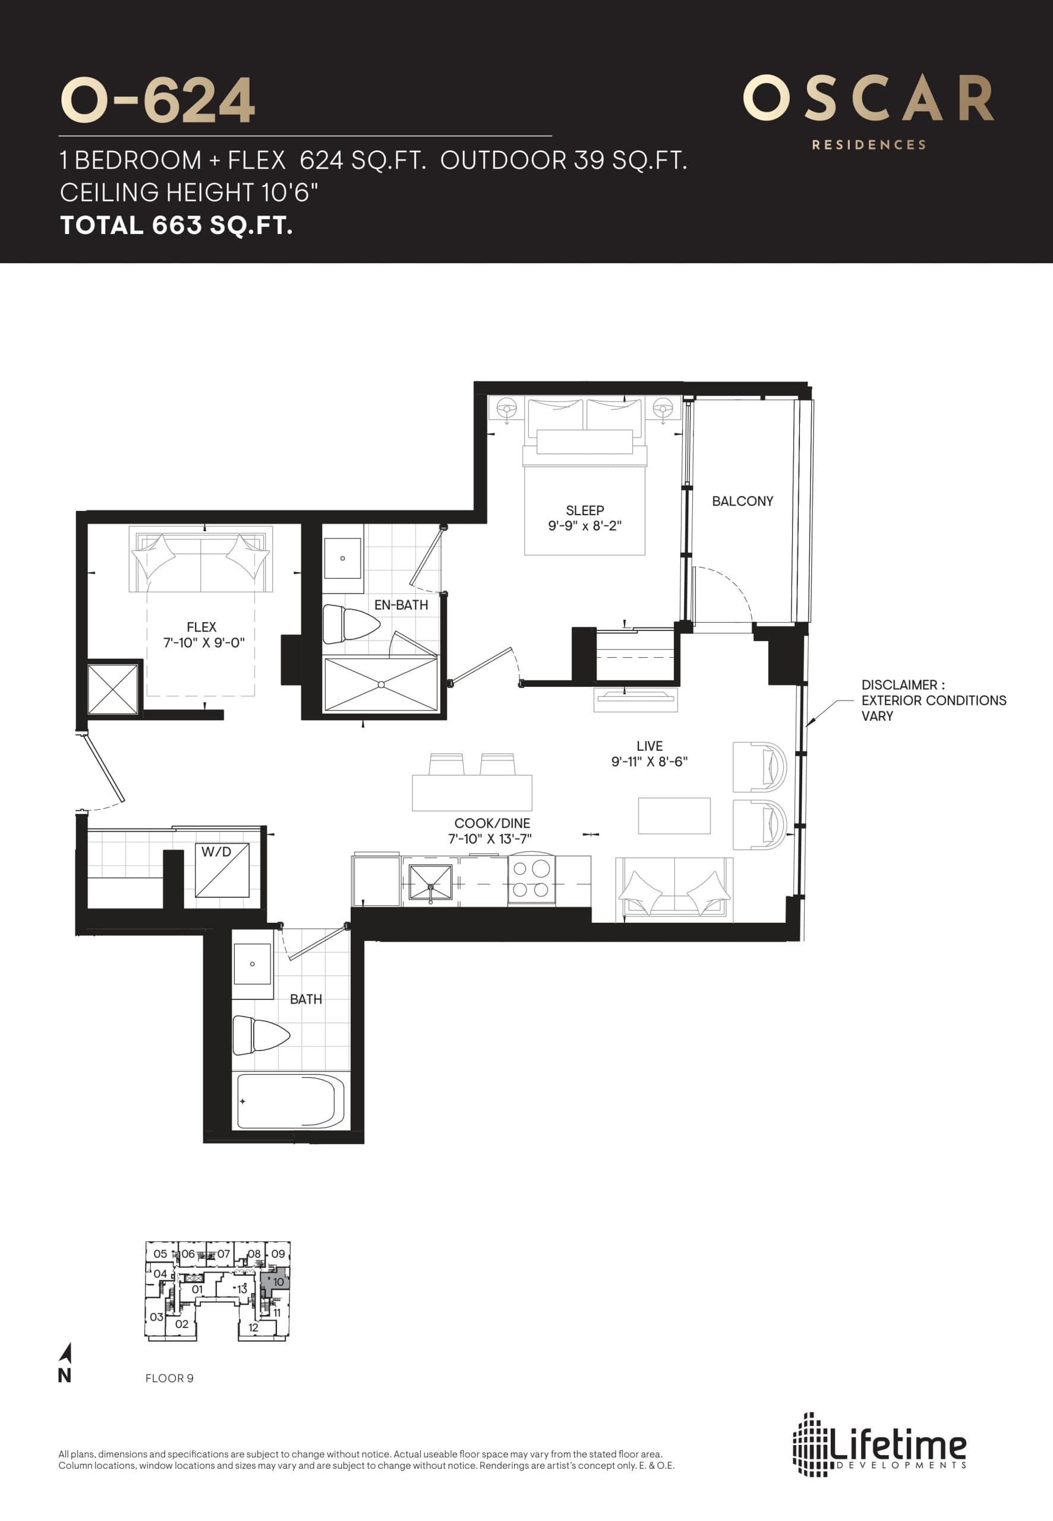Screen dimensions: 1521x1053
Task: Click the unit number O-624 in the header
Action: pos(157,100)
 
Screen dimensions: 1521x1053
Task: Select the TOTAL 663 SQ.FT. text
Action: pos(176,226)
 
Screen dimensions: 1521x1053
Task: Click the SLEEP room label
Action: pos(585,510)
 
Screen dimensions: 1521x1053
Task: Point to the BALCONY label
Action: pos(742,501)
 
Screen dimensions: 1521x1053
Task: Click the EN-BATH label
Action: pos(401,605)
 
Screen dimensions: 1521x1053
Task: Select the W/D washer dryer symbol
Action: pos(222,869)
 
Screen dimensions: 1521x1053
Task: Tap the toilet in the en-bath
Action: pos(348,624)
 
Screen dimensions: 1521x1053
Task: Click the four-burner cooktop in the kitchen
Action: pos(531,879)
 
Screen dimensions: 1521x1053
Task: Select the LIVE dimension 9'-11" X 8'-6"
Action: pos(650,762)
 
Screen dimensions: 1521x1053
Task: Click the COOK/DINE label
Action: pos(491,823)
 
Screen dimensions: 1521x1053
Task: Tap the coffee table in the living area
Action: pos(674,816)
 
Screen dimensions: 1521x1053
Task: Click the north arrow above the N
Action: pos(65,1353)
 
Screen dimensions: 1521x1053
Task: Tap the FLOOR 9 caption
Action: pos(169,1378)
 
